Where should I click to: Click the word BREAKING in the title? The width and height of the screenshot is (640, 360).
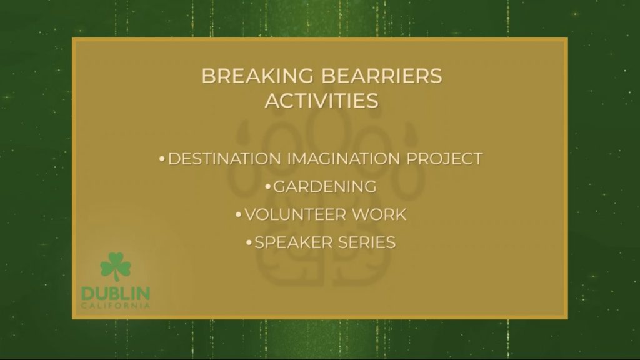point(257,76)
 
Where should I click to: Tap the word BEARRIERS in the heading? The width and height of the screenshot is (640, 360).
point(382,76)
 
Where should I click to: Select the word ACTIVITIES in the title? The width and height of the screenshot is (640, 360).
point(322,101)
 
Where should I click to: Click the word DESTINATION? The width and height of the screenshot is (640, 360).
point(224,159)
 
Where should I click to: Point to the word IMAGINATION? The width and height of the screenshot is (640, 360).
point(344,159)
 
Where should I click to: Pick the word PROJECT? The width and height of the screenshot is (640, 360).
point(444,159)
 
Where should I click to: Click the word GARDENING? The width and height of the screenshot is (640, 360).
point(324,187)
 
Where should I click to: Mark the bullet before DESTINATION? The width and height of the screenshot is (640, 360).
point(162,158)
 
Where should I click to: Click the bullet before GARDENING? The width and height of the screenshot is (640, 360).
point(267,187)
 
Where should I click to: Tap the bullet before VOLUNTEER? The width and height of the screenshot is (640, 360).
point(239,215)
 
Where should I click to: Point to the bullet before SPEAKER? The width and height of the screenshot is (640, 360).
point(249,243)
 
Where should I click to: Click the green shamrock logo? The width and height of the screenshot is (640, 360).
point(116,266)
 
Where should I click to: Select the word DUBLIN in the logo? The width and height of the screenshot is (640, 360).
point(116,294)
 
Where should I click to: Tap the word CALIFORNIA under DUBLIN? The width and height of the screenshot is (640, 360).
point(116,306)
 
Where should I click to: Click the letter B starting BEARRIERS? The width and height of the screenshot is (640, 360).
point(328,76)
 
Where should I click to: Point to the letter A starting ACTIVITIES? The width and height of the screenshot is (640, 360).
point(273,101)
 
